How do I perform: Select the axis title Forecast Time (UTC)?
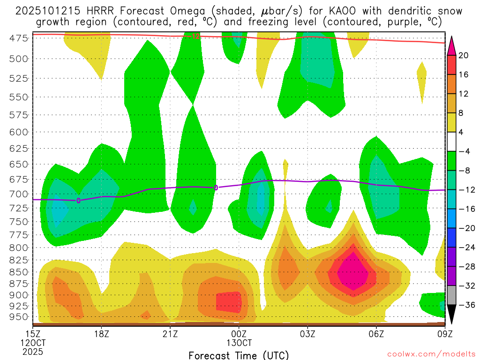pyautogui.click(x=239, y=355)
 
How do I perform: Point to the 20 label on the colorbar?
pyautogui.click(x=464, y=55)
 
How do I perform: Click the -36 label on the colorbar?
pyautogui.click(x=464, y=305)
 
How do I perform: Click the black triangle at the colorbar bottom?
pyautogui.click(x=452, y=315)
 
